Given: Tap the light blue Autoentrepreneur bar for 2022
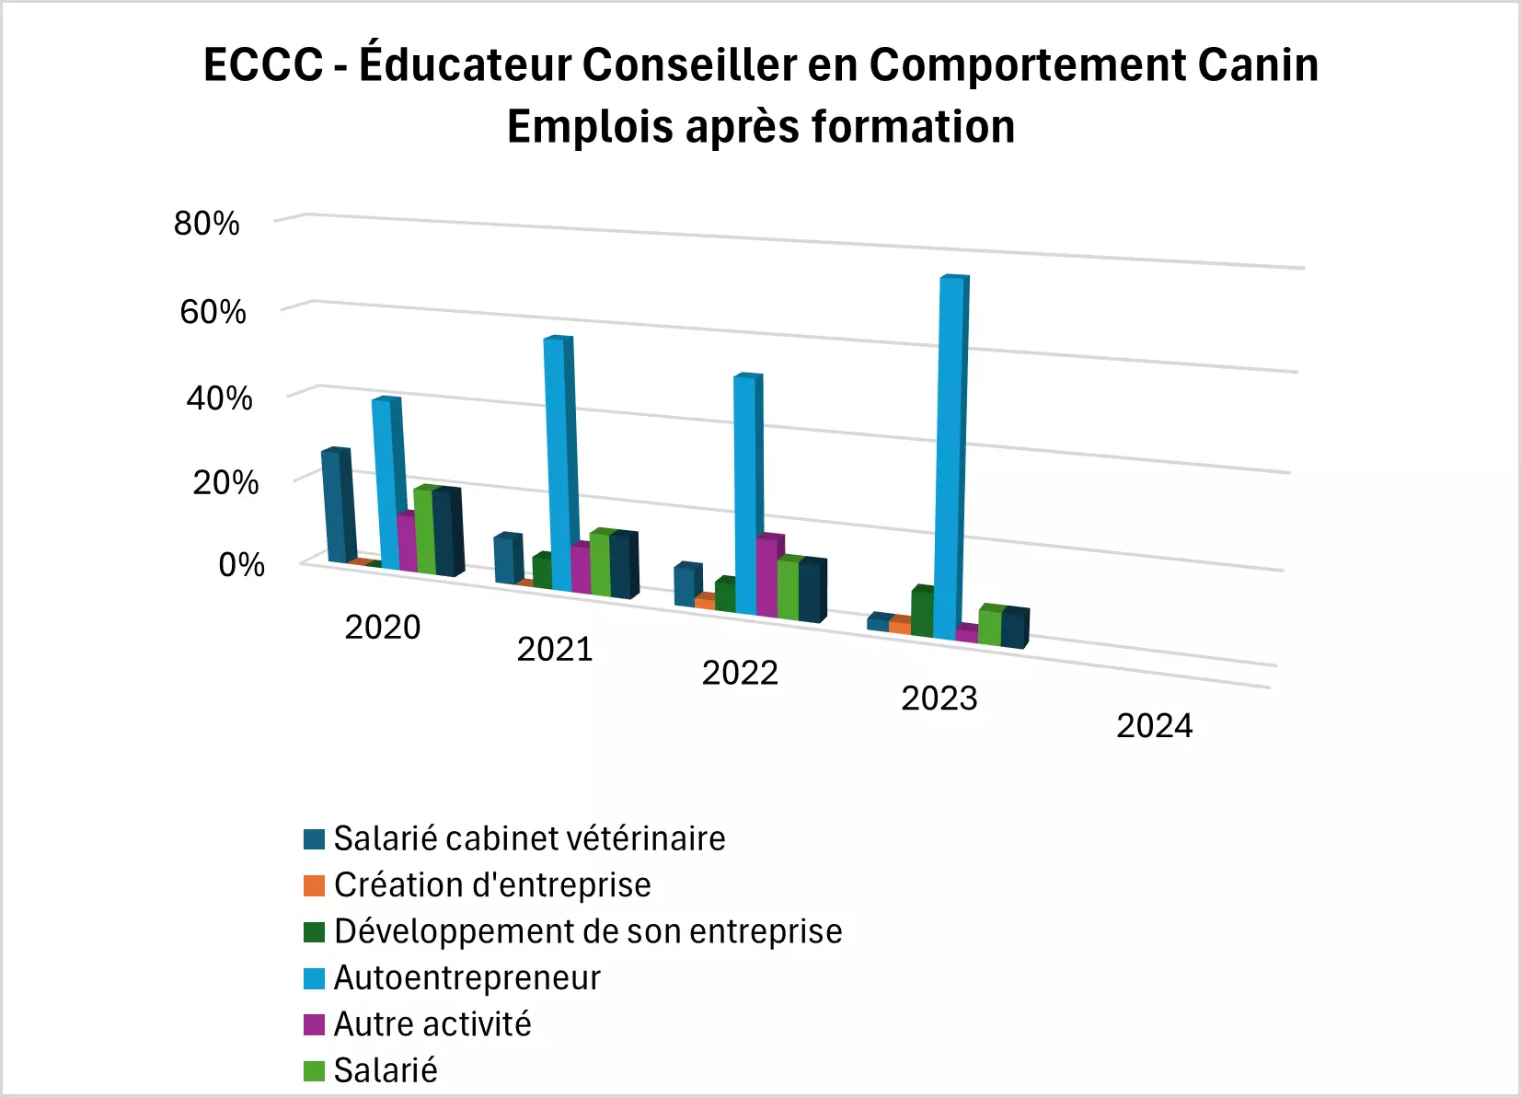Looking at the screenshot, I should [746, 497].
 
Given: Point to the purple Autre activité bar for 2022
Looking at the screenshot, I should [767, 577].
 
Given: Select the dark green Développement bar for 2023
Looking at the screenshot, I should [922, 613].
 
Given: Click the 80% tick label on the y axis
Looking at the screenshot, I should [206, 224].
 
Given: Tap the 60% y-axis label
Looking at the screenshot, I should [213, 312].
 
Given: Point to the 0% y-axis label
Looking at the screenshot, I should [241, 564].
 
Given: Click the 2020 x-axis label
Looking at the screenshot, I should [382, 628].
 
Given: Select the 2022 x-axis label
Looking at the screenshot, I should [740, 674].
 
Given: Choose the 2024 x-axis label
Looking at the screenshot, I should [1154, 726].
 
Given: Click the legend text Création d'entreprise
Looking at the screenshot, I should [492, 885].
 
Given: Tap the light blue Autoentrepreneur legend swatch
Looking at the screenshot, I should [315, 978].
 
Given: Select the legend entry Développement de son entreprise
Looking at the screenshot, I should [588, 931].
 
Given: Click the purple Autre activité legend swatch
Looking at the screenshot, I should [315, 1025].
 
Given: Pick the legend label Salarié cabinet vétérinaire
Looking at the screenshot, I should [529, 838].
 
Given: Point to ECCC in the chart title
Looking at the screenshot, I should [263, 64].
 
